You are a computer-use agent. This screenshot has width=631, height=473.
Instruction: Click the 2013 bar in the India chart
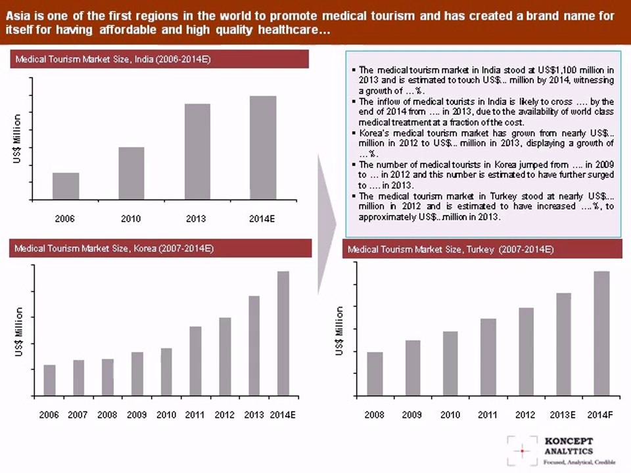point(197,151)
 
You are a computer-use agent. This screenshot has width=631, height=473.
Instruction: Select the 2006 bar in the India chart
point(66,186)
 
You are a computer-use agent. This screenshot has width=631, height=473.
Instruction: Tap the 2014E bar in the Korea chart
point(283,333)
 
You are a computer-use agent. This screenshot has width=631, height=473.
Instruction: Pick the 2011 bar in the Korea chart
point(195,361)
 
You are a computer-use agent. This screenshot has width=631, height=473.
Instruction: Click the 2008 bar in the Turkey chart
point(375,374)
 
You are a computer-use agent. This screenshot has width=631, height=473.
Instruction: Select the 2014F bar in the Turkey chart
point(601,333)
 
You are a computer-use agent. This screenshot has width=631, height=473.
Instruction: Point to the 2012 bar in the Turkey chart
point(526,351)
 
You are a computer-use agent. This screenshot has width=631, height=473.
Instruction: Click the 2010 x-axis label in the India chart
point(131,219)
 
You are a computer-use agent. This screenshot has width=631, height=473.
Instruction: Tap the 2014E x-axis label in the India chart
point(262,219)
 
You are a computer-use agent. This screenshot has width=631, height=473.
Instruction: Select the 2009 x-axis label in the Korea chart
point(137,415)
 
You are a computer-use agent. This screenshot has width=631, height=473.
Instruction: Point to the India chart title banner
point(159,59)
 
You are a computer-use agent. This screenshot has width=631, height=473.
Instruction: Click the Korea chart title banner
point(159,249)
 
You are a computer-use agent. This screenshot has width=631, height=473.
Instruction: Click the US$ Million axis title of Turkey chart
point(339,331)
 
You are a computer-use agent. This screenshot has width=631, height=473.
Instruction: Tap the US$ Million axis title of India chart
point(17,139)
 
